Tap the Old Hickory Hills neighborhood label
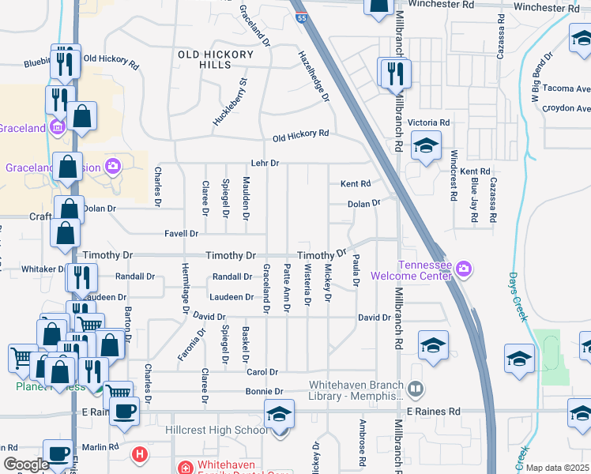pos(216,59)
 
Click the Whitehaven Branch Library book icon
pos(416,389)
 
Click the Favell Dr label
pos(181,234)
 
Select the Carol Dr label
pos(262,371)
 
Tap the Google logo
pos(26,465)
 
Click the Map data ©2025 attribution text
pos(557,468)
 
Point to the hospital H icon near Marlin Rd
pos(140,454)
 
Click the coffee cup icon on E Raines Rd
pos(124,412)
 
